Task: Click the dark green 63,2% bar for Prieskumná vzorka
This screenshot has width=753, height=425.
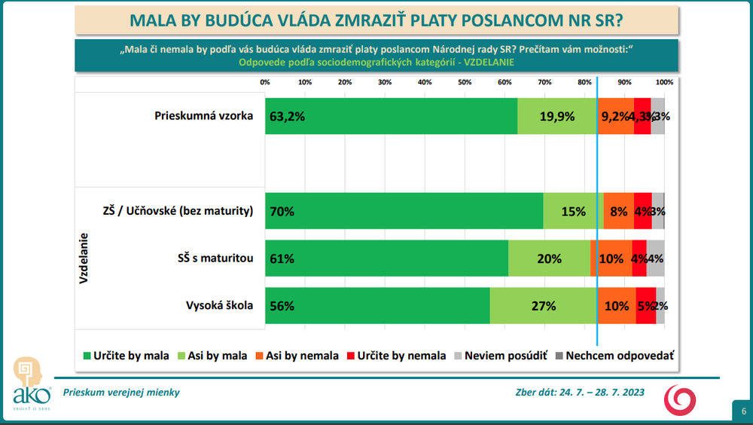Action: click(391, 116)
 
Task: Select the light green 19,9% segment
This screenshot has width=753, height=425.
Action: click(557, 116)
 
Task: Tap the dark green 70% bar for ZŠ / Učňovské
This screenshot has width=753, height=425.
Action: click(404, 211)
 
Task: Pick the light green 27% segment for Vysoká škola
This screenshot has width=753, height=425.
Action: click(543, 306)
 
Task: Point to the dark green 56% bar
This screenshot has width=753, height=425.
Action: click(377, 306)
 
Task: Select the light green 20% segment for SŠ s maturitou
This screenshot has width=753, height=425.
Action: click(549, 258)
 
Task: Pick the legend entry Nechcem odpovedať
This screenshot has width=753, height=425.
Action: click(614, 356)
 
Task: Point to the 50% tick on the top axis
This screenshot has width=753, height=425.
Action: click(465, 82)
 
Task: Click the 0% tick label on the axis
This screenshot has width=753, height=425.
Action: click(265, 82)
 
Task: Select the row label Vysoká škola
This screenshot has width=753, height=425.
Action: click(219, 306)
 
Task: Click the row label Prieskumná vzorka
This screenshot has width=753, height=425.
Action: click(203, 116)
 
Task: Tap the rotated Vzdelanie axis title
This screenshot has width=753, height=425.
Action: click(84, 258)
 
